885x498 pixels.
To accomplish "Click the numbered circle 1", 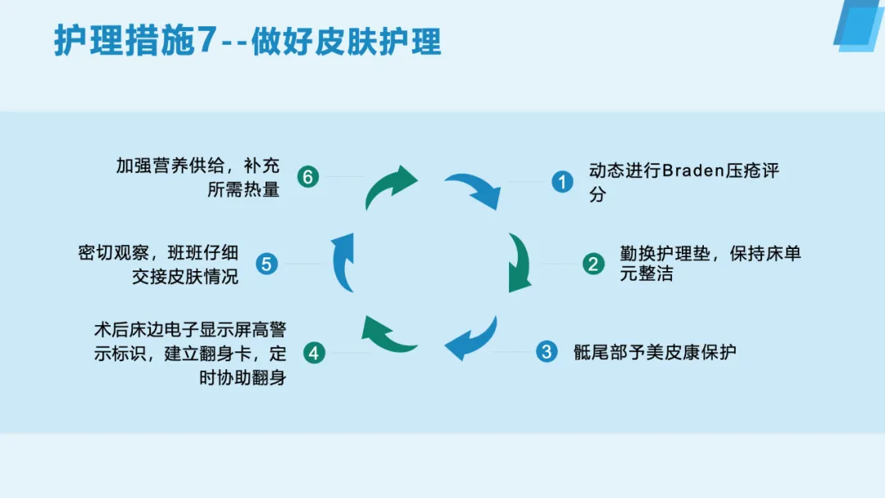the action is pos(561,181).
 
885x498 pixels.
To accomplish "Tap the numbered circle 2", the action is pos(593,264).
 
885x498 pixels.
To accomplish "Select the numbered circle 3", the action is pos(546,352).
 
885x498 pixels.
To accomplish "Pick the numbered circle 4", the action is pos(315,353).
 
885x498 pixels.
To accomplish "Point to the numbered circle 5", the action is pos(267,264).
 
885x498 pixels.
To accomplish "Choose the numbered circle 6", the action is pos(307,176).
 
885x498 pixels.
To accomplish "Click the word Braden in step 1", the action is pos(694,172).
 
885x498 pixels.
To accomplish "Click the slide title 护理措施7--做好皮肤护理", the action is pos(247,41).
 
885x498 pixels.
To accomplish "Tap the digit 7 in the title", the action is pos(206,41).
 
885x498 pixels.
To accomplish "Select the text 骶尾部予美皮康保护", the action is pos(655,353).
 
